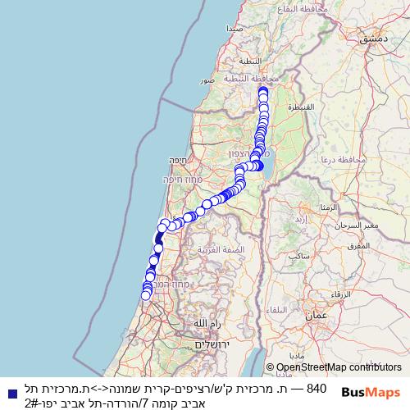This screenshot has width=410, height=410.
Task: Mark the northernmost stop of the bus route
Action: point(263,91)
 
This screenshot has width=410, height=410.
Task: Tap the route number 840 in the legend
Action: point(317,388)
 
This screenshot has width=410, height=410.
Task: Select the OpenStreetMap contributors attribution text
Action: point(339,367)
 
